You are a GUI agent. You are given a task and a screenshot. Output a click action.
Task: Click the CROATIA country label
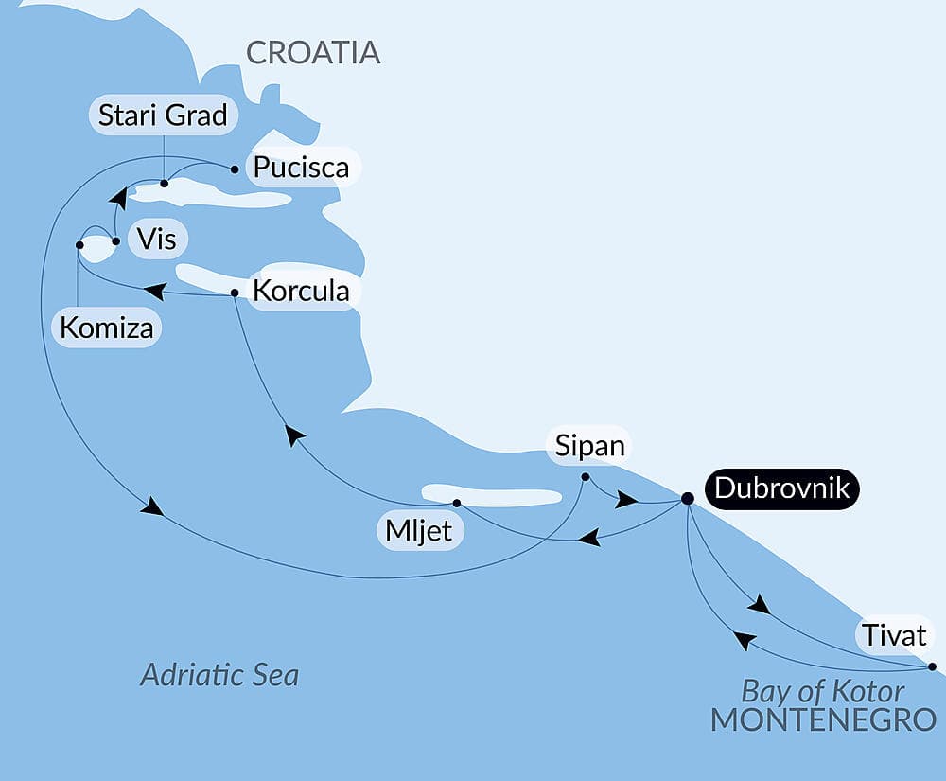(313, 53)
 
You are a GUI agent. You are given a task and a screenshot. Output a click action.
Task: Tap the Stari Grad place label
(164, 115)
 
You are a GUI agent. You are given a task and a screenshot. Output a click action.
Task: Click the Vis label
(156, 239)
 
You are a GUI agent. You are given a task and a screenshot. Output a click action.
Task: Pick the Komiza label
(107, 328)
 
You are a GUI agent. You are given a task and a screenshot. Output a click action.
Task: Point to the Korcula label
(299, 291)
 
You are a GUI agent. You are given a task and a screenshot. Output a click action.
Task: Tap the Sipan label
(588, 446)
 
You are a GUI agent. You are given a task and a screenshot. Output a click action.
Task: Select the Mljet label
(419, 531)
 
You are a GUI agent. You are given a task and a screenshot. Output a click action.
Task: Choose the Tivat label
(894, 634)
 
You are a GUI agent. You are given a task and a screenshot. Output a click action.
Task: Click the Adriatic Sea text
(219, 675)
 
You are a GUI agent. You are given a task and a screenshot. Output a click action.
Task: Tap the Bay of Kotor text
(822, 690)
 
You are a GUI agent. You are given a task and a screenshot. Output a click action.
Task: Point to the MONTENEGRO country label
(823, 719)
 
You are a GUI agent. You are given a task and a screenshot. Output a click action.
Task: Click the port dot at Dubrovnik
(688, 498)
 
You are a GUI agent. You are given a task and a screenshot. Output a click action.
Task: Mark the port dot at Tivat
(933, 666)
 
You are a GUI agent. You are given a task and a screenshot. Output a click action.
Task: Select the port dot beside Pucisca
(235, 169)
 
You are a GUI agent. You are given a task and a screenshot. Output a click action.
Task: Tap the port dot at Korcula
(235, 293)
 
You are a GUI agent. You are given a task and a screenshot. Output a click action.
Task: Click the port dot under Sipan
(586, 476)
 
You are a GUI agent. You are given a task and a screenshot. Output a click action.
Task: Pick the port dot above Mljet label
(456, 503)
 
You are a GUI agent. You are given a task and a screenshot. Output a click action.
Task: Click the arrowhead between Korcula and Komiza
(153, 292)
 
